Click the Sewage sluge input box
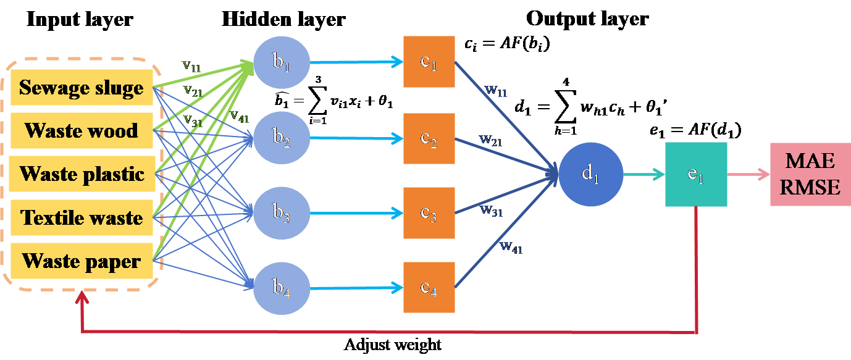(x=82, y=88)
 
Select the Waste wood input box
(x=82, y=131)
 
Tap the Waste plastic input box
(x=82, y=174)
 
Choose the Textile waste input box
(x=82, y=217)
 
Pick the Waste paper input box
(x=82, y=261)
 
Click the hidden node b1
(x=281, y=63)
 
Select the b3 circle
(x=281, y=214)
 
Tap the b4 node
(x=281, y=288)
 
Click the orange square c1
(x=429, y=62)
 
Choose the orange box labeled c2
(x=429, y=138)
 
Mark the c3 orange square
(x=429, y=213)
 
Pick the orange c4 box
(x=429, y=288)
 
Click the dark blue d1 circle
(x=590, y=175)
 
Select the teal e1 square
(x=696, y=175)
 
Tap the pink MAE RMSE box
(x=810, y=175)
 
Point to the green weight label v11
(x=191, y=65)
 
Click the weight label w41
(x=511, y=248)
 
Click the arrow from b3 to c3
(x=355, y=214)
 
